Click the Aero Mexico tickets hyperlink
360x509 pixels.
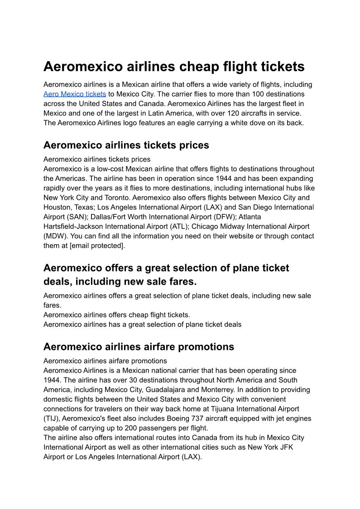75,94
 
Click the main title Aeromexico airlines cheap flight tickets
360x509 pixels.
174,67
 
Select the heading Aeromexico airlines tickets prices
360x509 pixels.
126,145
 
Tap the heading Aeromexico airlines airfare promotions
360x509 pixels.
139,347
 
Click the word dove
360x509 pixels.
258,123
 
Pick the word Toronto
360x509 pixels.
115,198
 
